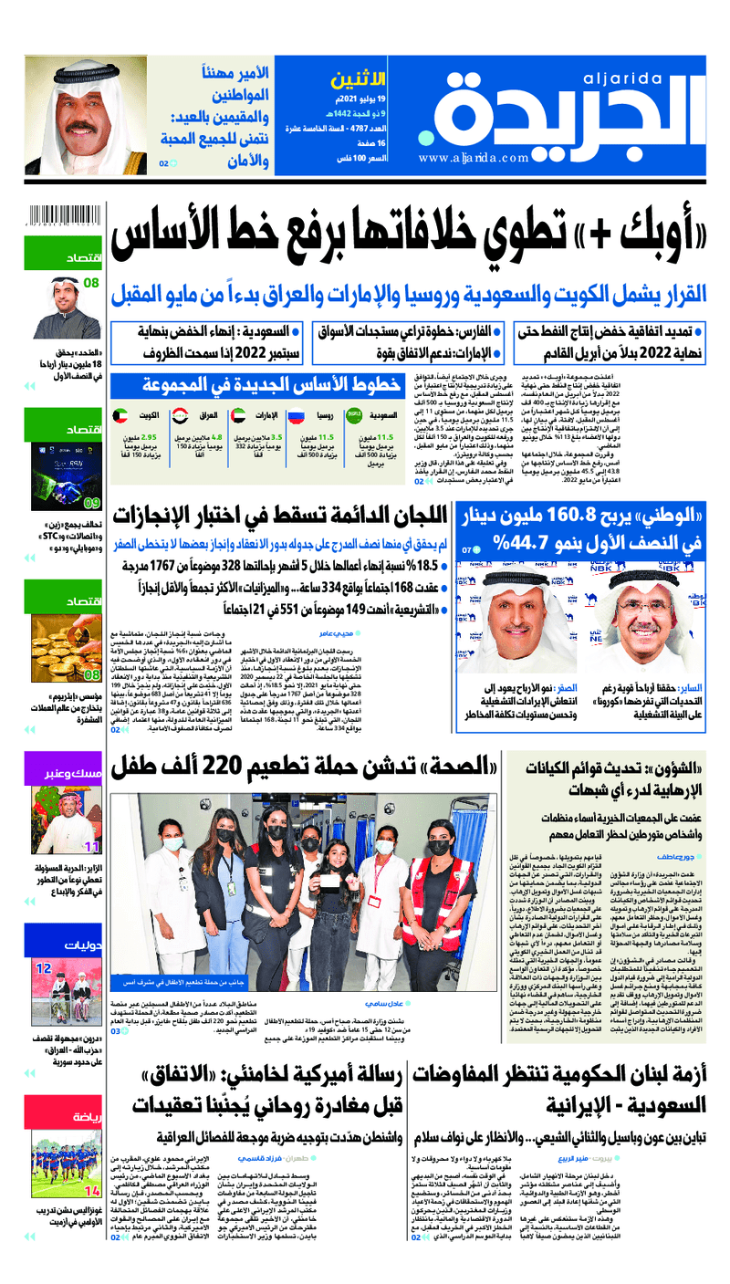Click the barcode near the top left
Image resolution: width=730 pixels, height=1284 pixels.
(64, 218)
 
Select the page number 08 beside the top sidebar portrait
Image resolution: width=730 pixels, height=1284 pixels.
(90, 283)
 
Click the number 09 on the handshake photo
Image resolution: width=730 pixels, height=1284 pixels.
(91, 503)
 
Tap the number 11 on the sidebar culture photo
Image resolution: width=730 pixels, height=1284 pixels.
(91, 847)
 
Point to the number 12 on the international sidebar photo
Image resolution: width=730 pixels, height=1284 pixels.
(43, 967)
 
